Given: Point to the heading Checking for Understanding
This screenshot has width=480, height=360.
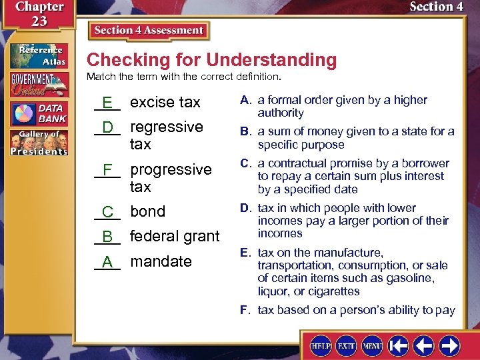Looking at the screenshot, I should (211, 60).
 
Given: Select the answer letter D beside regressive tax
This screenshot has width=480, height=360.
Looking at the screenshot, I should (107, 127).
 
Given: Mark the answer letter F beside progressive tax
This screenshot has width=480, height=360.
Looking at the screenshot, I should (107, 169).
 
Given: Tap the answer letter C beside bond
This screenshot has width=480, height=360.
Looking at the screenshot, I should (107, 211).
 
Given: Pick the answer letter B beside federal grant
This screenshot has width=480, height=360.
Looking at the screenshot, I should (107, 236).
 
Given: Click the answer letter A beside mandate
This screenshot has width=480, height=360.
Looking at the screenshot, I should (107, 261).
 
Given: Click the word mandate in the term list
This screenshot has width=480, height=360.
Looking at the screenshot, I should (161, 261).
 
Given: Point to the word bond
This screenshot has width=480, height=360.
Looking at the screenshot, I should (147, 211).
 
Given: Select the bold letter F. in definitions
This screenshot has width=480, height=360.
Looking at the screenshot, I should (246, 310).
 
